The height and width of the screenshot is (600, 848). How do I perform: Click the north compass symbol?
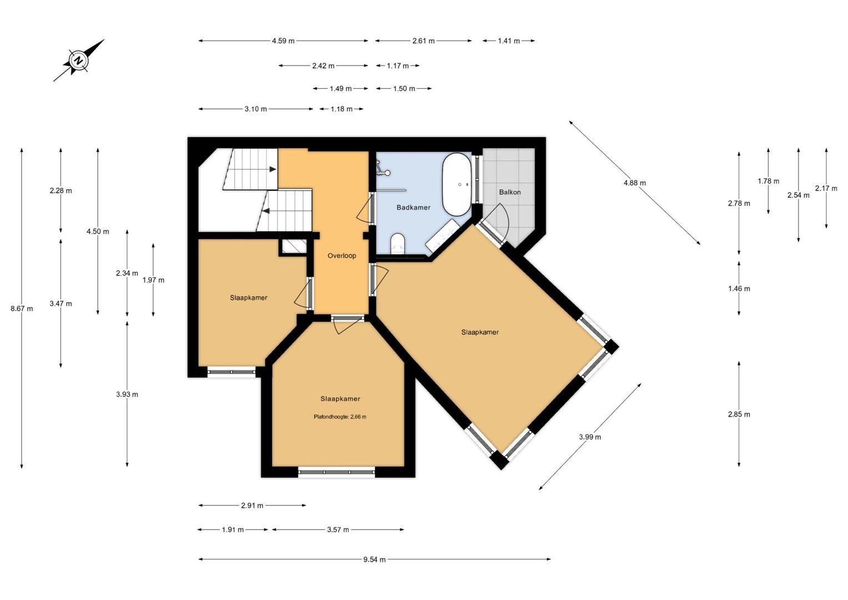tap(79, 60)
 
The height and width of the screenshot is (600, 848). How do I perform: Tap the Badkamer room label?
tap(413, 207)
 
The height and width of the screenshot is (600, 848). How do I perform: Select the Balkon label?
tap(509, 192)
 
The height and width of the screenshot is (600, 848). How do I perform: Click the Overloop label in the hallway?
tap(342, 256)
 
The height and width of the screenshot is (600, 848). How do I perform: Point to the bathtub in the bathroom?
tap(457, 184)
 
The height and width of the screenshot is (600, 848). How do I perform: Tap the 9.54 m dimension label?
tap(375, 559)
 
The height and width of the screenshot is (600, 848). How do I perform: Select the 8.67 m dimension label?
tap(22, 308)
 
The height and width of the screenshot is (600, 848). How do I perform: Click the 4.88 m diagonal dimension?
tap(635, 183)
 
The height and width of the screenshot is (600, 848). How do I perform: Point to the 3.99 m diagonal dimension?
tap(590, 437)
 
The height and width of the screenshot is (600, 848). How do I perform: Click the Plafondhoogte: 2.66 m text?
tap(340, 417)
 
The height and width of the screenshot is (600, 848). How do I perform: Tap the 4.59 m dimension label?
tap(283, 41)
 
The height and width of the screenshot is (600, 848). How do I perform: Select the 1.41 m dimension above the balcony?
tap(509, 41)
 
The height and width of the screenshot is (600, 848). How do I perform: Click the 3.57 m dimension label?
tap(338, 529)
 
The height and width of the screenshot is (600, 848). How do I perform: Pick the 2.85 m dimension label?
tap(739, 414)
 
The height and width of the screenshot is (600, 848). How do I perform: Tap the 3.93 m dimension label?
tap(127, 394)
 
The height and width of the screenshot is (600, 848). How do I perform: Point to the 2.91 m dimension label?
tap(252, 505)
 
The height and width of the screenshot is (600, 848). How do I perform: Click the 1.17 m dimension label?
tap(398, 66)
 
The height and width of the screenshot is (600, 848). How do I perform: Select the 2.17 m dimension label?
tap(826, 188)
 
